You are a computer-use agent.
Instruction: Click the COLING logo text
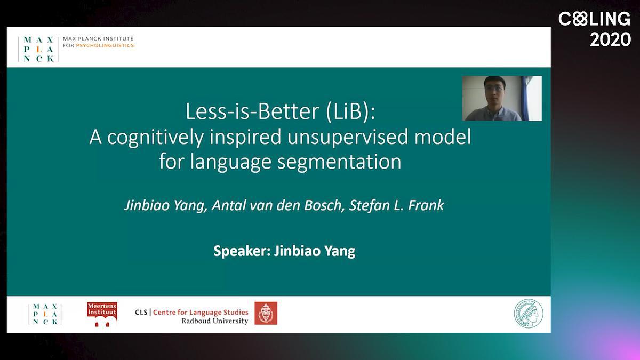click(x=594, y=19)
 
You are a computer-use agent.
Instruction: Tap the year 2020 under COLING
click(x=610, y=39)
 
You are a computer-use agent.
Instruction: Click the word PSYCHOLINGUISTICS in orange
click(x=105, y=45)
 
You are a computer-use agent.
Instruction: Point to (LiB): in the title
click(x=350, y=111)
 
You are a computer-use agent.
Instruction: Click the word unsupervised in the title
click(x=348, y=138)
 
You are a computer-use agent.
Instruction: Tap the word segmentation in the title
click(x=339, y=162)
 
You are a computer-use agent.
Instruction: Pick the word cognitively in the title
click(x=155, y=138)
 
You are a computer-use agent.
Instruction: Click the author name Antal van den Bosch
click(x=278, y=205)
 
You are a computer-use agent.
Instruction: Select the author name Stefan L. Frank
click(x=397, y=205)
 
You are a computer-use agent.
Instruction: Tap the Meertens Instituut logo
click(x=102, y=314)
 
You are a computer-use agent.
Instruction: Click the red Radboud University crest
click(x=266, y=313)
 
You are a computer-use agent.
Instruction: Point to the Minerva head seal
click(x=529, y=314)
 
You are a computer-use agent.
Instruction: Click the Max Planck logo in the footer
click(x=45, y=314)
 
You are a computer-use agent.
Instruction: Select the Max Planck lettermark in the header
click(x=38, y=49)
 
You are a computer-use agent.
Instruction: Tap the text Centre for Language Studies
click(x=201, y=312)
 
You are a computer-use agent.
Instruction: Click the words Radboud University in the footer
click(x=214, y=321)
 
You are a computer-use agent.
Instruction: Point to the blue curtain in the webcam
click(x=525, y=98)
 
